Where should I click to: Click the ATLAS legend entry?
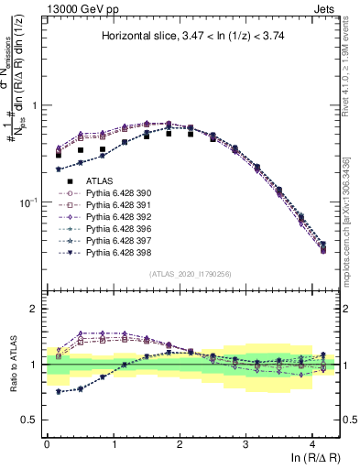[100, 181]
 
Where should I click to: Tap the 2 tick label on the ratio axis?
[34, 309]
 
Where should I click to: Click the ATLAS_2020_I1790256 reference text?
[190, 274]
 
